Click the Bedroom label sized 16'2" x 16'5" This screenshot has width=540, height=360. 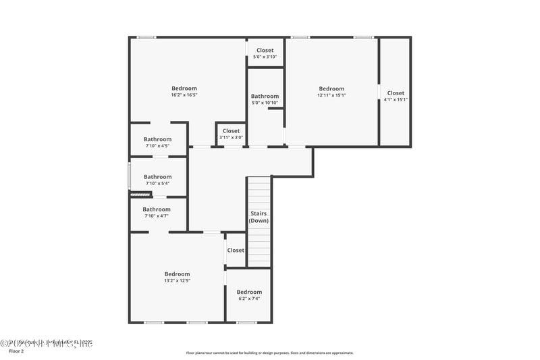pos(184,88)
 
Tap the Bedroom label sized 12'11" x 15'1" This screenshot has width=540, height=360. pos(331,88)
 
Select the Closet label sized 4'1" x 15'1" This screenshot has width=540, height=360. pos(396,93)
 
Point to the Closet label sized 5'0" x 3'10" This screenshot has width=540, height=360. pos(265,50)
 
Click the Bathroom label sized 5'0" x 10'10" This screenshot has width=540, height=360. pos(265,96)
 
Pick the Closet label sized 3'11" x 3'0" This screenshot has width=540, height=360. pos(231,131)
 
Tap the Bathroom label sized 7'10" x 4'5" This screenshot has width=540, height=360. pos(157,139)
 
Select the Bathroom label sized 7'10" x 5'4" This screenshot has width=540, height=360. pos(157,177)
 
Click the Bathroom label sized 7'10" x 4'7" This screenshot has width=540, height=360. pos(157,209)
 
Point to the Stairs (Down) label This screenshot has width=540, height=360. pos(258,217)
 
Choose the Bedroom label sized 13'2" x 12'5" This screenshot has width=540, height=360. pos(178,274)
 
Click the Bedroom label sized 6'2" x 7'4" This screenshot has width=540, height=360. pos(249,292)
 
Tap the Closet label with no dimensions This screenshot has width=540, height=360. pos(236,250)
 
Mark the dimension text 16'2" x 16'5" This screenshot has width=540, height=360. pos(184,95)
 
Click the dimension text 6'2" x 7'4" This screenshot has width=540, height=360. pos(249,299)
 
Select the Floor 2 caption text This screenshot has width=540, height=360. pos(16,351)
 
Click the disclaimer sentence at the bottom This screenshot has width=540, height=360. pos(270,353)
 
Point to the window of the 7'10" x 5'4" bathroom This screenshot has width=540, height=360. pos(130,176)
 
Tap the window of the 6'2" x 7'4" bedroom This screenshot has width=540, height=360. pos(246,322)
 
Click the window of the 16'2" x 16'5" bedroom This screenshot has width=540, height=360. pos(146,37)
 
